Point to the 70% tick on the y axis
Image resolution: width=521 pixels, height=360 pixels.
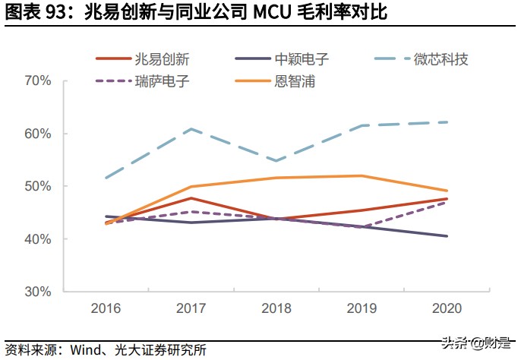pos(37,81)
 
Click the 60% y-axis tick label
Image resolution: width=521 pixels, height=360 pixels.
pos(37,134)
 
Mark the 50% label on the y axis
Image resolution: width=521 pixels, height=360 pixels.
pos(37,186)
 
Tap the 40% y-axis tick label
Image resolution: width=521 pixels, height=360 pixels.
pos(37,239)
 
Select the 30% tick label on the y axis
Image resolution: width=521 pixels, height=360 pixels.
pos(37,292)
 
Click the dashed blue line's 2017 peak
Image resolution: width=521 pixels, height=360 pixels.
pos(190,128)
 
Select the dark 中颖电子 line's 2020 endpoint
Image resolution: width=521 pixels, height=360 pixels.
pos(447,236)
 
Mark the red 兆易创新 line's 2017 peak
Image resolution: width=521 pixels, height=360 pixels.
pos(190,198)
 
